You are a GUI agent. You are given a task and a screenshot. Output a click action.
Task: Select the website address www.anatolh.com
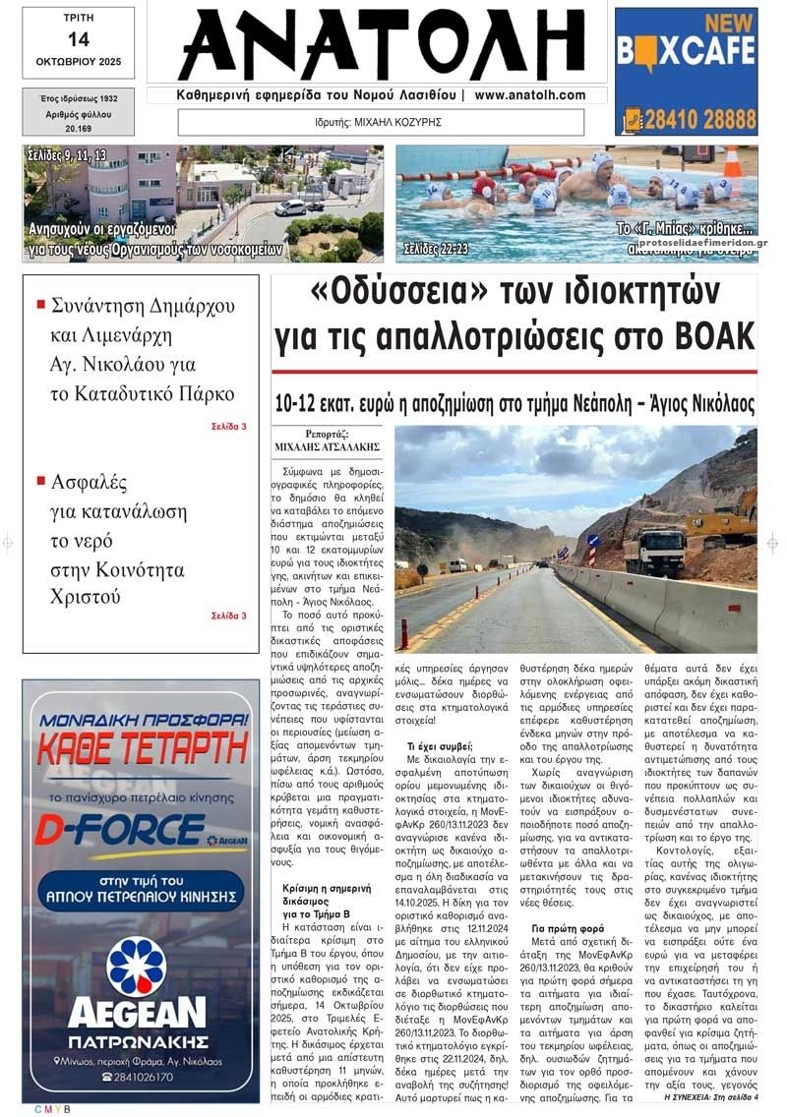[529, 95]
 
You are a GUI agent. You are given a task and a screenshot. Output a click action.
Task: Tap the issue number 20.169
[78, 129]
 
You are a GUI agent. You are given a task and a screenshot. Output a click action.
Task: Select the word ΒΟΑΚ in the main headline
[712, 336]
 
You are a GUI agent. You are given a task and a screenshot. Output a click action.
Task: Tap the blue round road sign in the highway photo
[593, 540]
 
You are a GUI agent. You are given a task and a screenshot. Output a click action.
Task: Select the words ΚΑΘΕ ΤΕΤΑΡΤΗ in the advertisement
[141, 749]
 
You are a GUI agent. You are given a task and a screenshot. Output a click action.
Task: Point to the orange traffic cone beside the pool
[732, 162]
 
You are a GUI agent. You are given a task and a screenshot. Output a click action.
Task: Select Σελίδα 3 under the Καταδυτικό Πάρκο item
[228, 427]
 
